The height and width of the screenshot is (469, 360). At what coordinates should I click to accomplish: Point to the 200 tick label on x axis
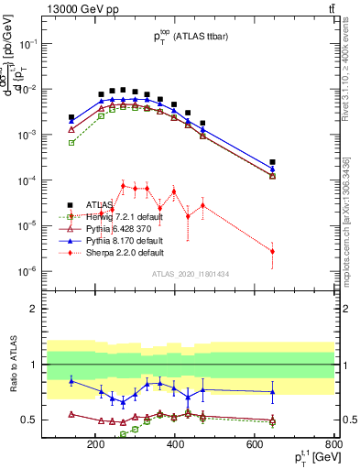(95, 445)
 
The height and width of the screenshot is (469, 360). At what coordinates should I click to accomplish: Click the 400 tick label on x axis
(176, 445)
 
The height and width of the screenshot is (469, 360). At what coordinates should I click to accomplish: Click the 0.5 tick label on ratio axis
(54, 420)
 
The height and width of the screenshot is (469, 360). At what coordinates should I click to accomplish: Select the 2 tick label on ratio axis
(59, 309)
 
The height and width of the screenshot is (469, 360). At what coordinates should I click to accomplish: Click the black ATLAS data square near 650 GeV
(272, 162)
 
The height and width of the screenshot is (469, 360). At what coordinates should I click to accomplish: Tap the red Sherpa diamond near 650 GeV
(272, 251)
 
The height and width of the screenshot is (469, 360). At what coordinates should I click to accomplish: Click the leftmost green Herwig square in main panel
(71, 143)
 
